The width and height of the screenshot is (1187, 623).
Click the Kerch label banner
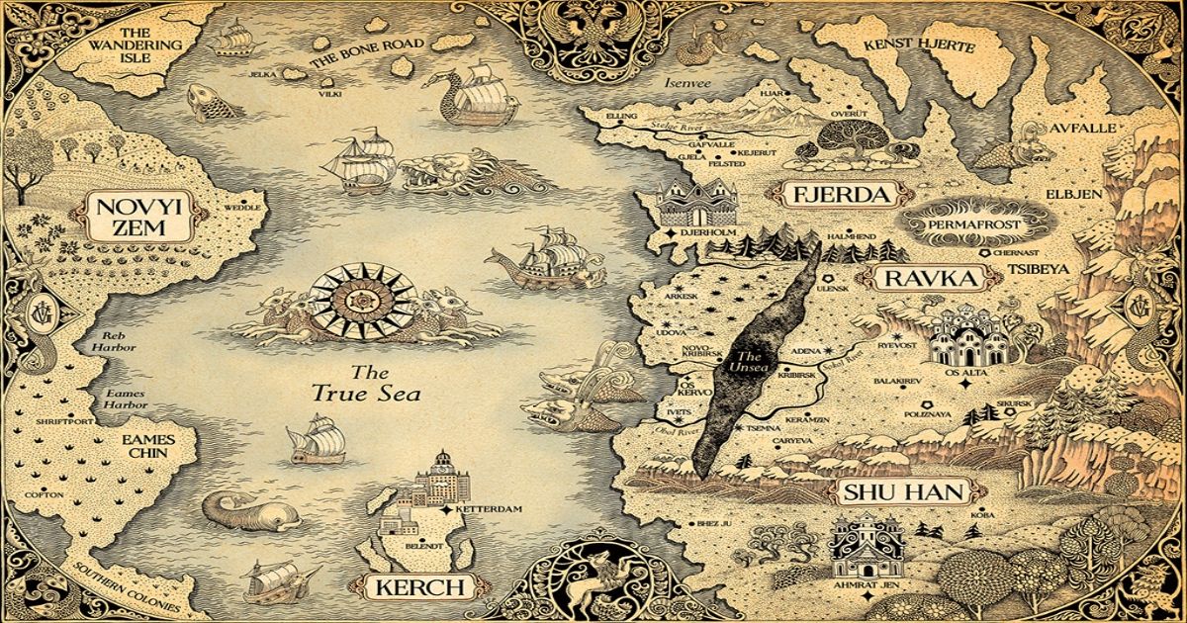419,587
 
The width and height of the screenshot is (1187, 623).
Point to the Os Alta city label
966,375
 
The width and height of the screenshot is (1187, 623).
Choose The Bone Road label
368,49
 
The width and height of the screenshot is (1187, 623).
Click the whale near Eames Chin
247,510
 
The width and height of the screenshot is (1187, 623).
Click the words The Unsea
749,362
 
